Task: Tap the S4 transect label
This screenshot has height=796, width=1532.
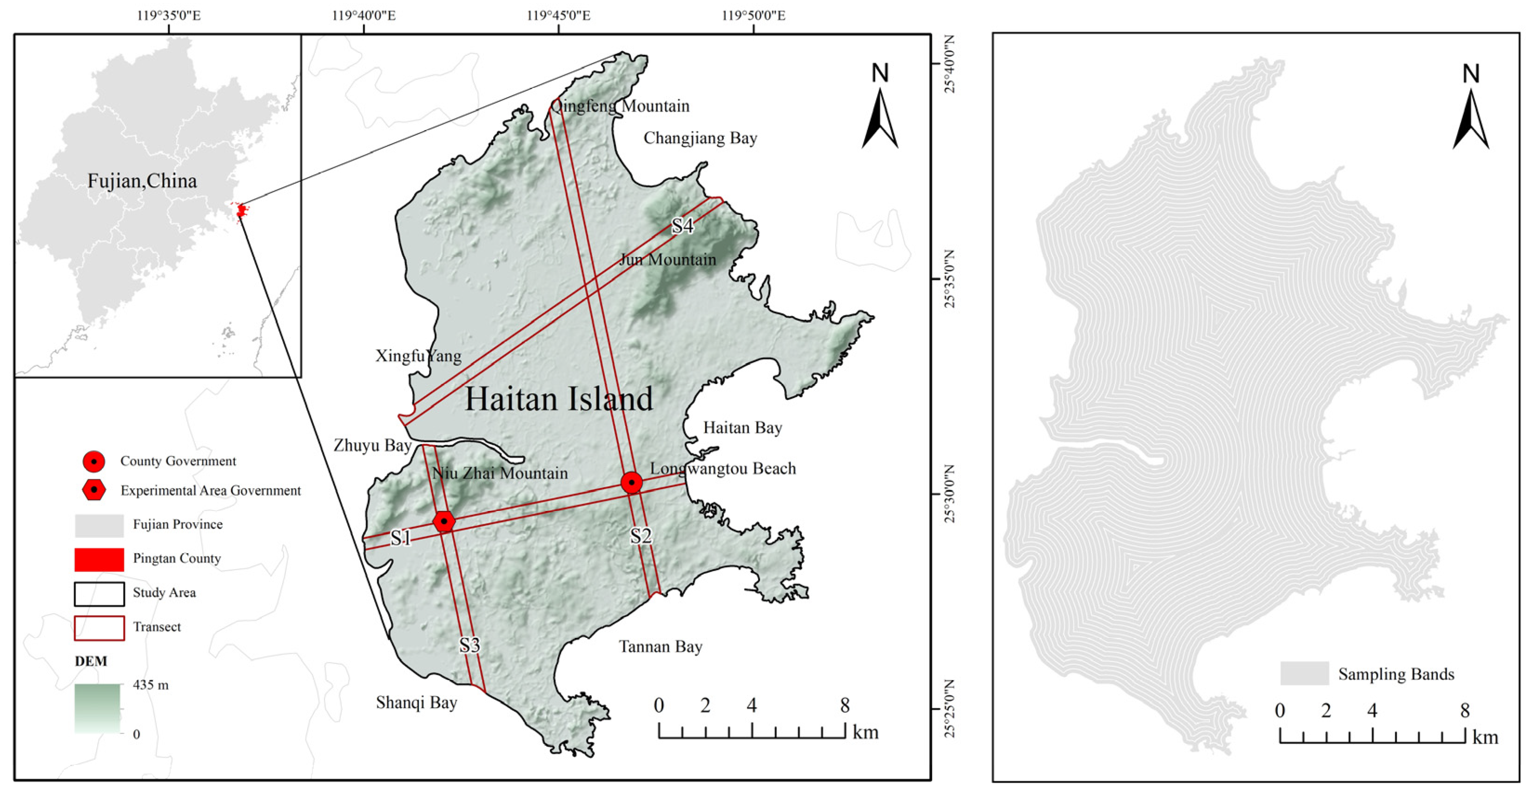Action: point(682,226)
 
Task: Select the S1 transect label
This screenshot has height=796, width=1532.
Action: point(400,538)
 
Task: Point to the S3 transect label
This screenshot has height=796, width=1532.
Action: point(469,645)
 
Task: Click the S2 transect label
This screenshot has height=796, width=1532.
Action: point(641,536)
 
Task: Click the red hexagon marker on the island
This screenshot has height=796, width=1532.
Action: point(444,521)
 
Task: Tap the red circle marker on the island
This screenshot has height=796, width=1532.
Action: point(632,482)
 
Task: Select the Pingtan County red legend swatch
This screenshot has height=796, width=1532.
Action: point(99,559)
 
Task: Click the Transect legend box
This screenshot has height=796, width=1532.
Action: point(99,628)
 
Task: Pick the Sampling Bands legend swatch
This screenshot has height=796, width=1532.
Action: point(1304,673)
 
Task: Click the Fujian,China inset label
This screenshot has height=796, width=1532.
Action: point(142,181)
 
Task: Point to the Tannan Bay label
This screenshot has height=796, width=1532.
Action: point(660,647)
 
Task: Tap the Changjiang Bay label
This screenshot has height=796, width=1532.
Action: point(700,138)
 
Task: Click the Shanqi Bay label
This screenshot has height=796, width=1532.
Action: point(416,703)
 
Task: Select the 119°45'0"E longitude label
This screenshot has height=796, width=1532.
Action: point(558,15)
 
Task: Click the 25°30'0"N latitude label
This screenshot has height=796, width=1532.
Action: point(949,494)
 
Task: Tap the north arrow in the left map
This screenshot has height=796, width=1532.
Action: point(879,107)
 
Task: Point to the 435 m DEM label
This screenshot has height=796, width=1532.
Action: point(151,685)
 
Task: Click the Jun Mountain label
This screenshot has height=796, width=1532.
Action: point(667,259)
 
